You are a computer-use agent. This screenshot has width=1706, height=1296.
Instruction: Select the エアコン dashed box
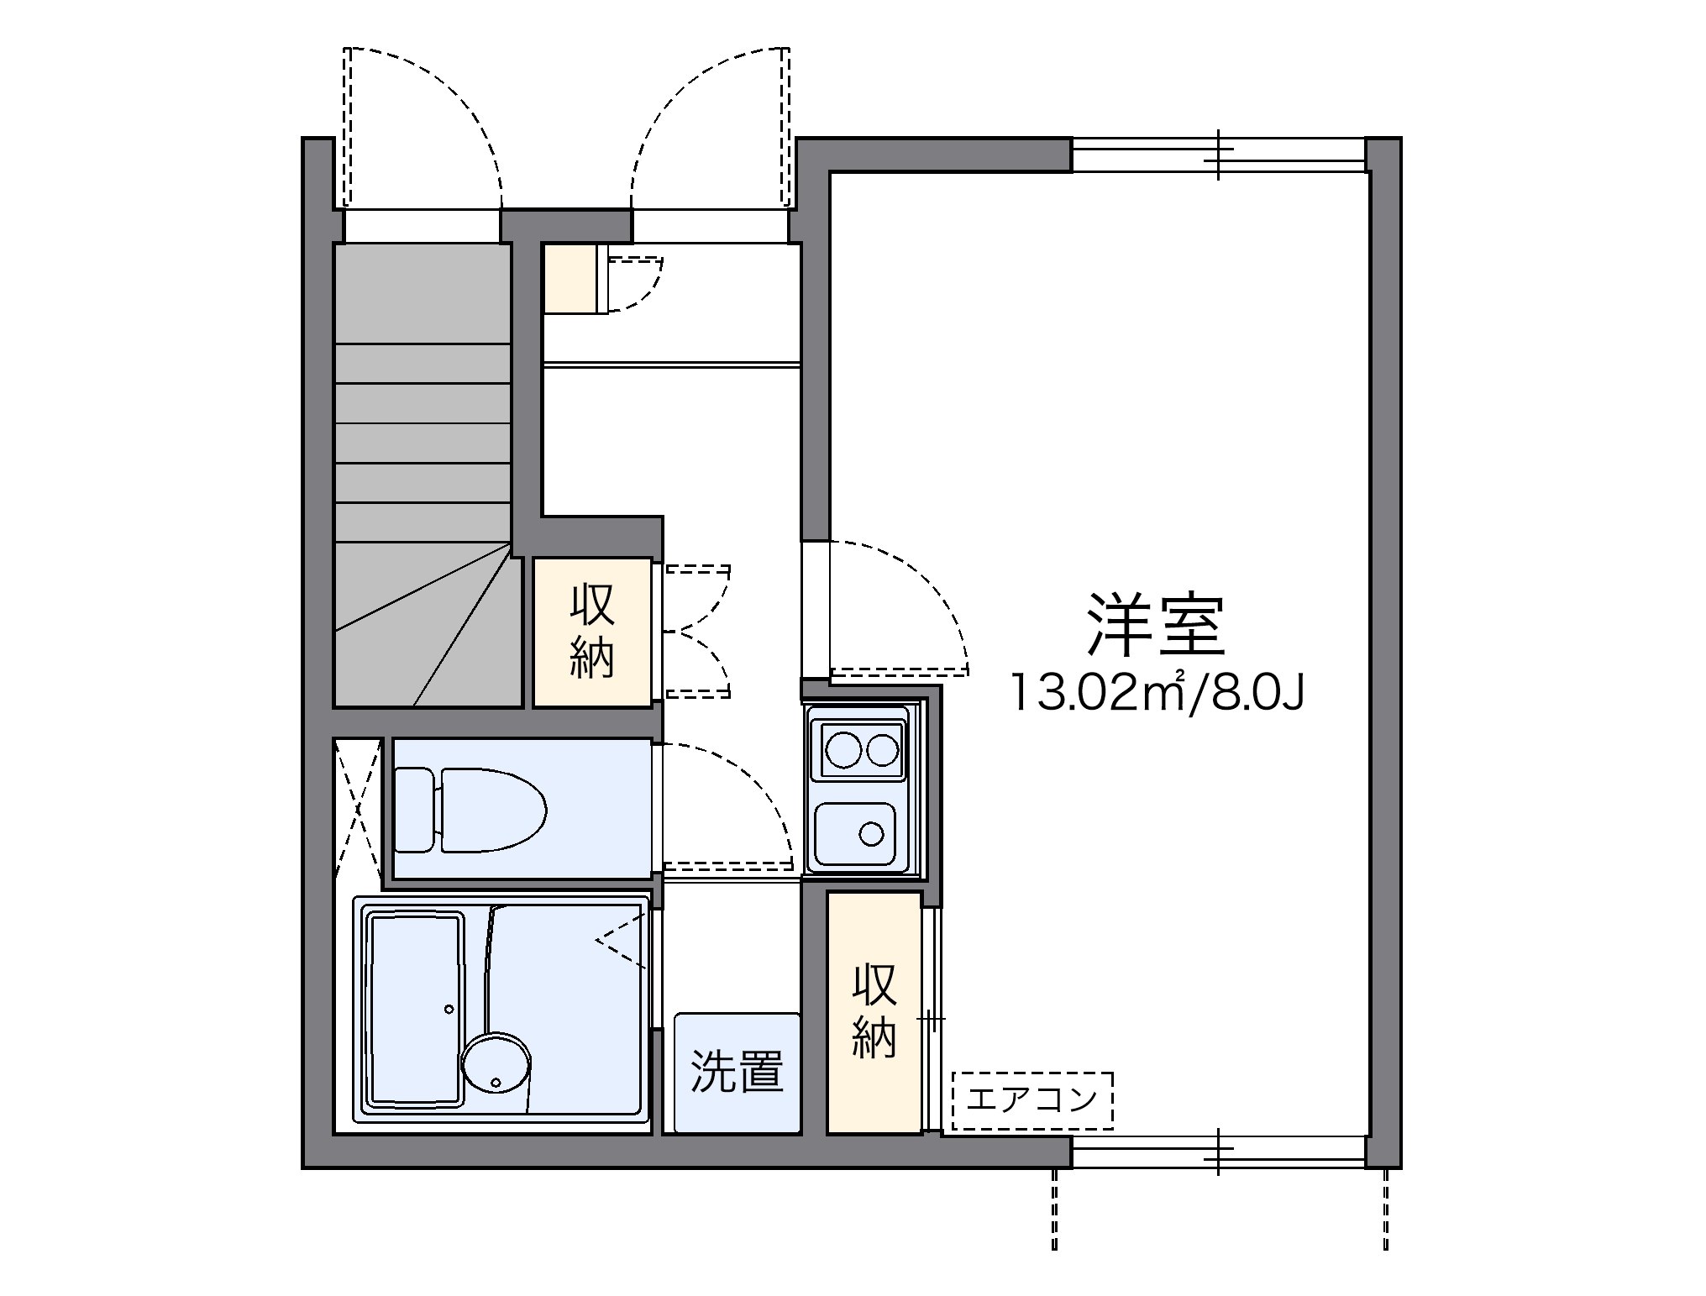[1032, 1099]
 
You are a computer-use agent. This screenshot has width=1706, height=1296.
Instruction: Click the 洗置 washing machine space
[737, 1073]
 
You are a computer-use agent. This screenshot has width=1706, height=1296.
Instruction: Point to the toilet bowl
[494, 810]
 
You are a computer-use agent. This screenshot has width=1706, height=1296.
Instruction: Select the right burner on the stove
[883, 750]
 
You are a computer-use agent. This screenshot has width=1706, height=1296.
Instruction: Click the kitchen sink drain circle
[872, 834]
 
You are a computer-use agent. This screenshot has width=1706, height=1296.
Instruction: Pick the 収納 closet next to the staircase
[592, 632]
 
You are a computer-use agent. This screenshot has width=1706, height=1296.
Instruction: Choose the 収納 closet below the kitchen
[874, 1011]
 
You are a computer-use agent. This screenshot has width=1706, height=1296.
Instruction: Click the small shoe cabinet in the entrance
[571, 278]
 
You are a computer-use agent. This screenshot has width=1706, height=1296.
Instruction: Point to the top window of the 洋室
[1218, 155]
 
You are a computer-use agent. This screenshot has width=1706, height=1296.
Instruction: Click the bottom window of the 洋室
[1218, 1151]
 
